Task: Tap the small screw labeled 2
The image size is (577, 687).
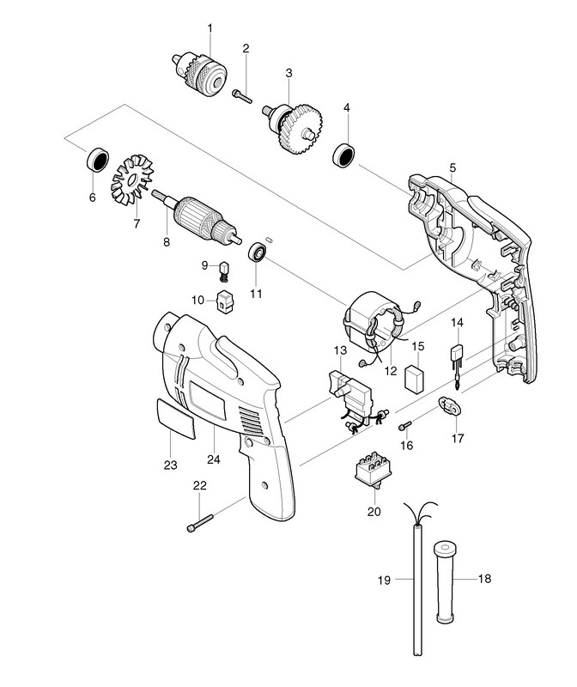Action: coord(240,97)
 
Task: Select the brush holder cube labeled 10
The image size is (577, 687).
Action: coord(226,301)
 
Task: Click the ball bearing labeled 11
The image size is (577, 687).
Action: coord(256,254)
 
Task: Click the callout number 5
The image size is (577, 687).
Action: coord(452,165)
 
